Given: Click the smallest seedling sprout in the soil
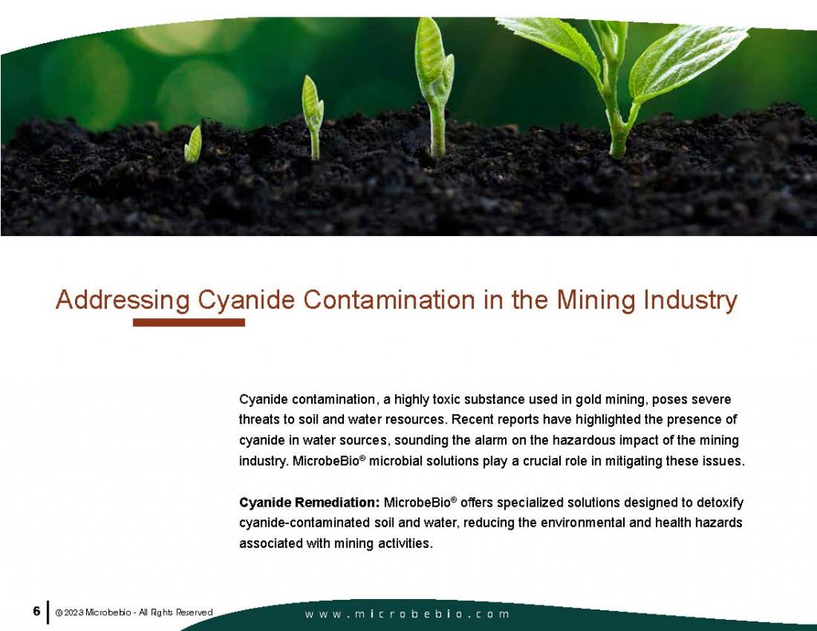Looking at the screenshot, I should [192, 145].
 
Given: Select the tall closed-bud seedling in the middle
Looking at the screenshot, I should [435, 80].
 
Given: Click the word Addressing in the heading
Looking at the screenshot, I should [122, 301].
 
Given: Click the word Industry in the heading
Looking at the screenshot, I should [687, 301].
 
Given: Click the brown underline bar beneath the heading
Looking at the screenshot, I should [188, 323].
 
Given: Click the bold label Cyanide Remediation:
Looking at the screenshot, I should [310, 503].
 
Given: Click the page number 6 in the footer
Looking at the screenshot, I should [37, 612].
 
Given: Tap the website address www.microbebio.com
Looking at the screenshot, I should [408, 614].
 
